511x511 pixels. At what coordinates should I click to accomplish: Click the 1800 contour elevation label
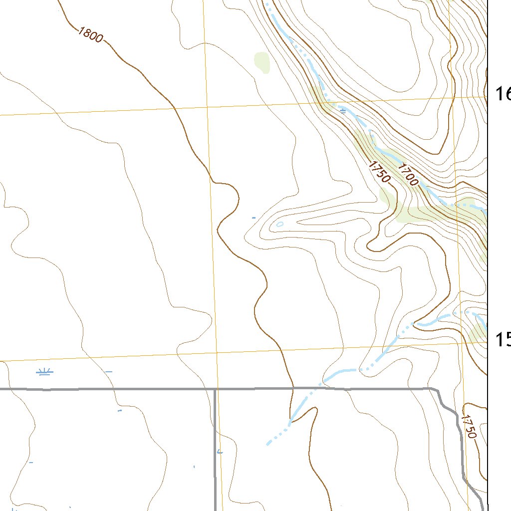90,35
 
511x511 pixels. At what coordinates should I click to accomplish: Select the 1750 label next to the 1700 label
379,170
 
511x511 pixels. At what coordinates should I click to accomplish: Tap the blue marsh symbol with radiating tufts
45,372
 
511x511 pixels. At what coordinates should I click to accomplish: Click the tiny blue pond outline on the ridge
279,224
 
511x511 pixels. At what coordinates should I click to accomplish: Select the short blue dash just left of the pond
254,218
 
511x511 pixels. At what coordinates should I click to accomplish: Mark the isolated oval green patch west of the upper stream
261,62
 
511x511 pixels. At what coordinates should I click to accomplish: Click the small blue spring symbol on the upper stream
343,111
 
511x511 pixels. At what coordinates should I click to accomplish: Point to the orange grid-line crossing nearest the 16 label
452,98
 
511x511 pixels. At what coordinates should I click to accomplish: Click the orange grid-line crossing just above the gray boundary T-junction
217,352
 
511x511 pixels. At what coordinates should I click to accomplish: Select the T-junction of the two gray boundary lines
215,389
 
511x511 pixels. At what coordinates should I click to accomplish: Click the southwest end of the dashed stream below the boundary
268,444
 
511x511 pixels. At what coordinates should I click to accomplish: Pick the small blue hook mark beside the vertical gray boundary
220,452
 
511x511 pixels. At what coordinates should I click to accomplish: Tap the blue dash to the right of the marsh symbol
109,372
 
